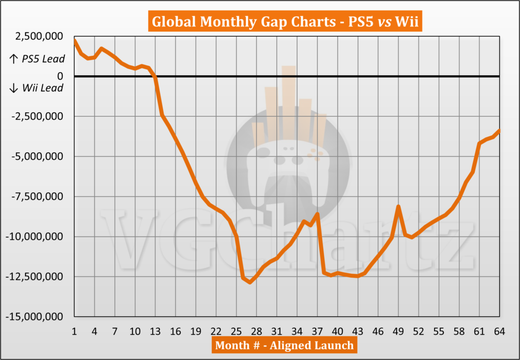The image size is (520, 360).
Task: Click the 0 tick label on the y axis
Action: (x=60, y=76)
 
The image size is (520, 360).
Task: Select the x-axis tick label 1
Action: (x=75, y=331)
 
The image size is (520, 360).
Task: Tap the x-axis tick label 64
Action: (x=500, y=331)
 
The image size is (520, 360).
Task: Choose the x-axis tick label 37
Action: (x=317, y=331)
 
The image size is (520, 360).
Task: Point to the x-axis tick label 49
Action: (x=399, y=331)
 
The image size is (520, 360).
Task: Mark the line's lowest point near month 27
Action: (x=250, y=282)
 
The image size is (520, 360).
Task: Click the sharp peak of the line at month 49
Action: (x=399, y=207)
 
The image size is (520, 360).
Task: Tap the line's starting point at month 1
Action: (x=75, y=40)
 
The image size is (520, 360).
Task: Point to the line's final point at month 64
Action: (x=500, y=130)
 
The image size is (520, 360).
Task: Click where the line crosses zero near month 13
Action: (x=155, y=77)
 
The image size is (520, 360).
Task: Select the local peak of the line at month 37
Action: (x=317, y=214)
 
